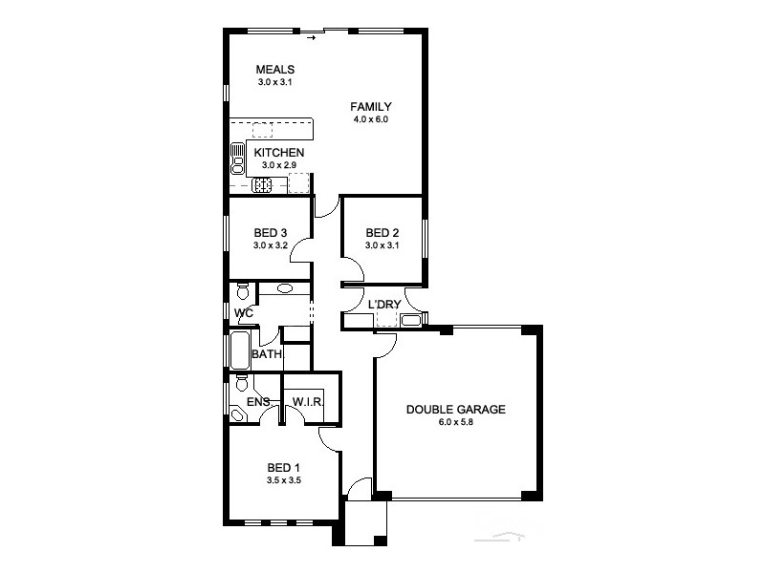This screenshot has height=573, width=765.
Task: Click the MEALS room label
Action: tap(274, 70)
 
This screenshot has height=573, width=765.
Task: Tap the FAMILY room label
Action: tap(370, 106)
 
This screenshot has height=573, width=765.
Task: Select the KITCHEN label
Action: tap(278, 153)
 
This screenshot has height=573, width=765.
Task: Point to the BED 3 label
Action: tap(271, 233)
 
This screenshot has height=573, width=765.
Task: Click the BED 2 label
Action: tap(382, 233)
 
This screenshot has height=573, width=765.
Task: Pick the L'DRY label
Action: tap(384, 305)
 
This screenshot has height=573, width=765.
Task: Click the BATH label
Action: tap(267, 354)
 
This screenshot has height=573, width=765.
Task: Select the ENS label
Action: tap(258, 402)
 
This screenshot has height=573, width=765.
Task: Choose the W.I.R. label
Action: tap(308, 402)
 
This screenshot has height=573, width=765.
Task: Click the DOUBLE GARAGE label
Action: tap(455, 410)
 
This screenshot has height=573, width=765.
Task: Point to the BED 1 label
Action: tap(284, 468)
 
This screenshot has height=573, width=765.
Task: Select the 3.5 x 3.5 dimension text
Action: tap(283, 480)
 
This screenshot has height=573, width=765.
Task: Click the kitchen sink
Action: tap(237, 158)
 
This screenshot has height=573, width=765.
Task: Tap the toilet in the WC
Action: tap(242, 291)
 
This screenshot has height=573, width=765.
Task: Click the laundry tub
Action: tap(411, 320)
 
